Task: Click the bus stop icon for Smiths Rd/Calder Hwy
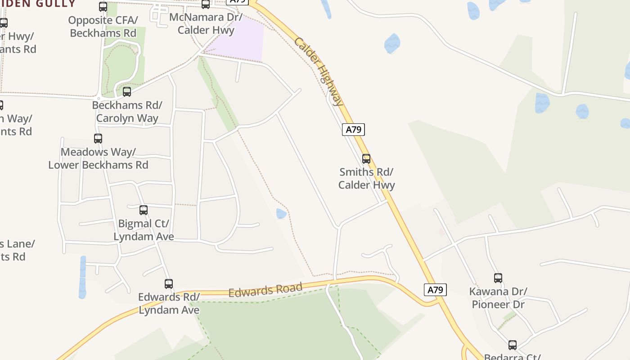(366, 158)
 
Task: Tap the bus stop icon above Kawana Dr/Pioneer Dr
(498, 278)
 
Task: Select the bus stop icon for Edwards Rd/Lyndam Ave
(169, 283)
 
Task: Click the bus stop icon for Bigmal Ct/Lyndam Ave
(144, 210)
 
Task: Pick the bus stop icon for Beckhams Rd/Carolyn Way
(127, 92)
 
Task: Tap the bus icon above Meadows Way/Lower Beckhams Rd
(98, 138)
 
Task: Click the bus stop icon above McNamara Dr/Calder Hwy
(206, 4)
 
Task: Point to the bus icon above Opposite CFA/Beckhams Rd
(103, 7)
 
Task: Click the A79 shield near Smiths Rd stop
(353, 130)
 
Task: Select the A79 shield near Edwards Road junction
(435, 290)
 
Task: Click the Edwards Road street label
(265, 290)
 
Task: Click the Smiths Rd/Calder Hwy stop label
(366, 179)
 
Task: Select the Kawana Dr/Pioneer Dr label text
(498, 298)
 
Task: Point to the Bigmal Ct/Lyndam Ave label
(144, 230)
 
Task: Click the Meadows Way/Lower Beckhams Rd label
(98, 158)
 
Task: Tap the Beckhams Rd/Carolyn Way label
(127, 112)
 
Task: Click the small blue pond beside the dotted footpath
(281, 213)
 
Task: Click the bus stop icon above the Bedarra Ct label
(513, 345)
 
